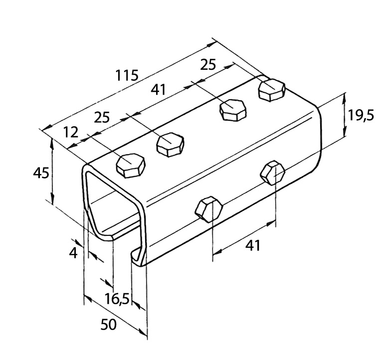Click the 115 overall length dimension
click(x=127, y=76)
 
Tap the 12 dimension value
click(x=72, y=132)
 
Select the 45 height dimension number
click(x=41, y=173)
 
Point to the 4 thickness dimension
click(x=73, y=253)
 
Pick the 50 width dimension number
click(x=108, y=325)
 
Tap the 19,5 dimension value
click(x=361, y=116)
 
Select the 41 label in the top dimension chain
click(x=158, y=90)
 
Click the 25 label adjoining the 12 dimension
click(x=102, y=118)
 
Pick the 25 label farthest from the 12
click(x=208, y=64)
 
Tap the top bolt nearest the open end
click(x=131, y=166)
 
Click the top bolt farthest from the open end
click(x=272, y=90)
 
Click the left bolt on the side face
click(x=208, y=208)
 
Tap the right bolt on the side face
click(x=273, y=172)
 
